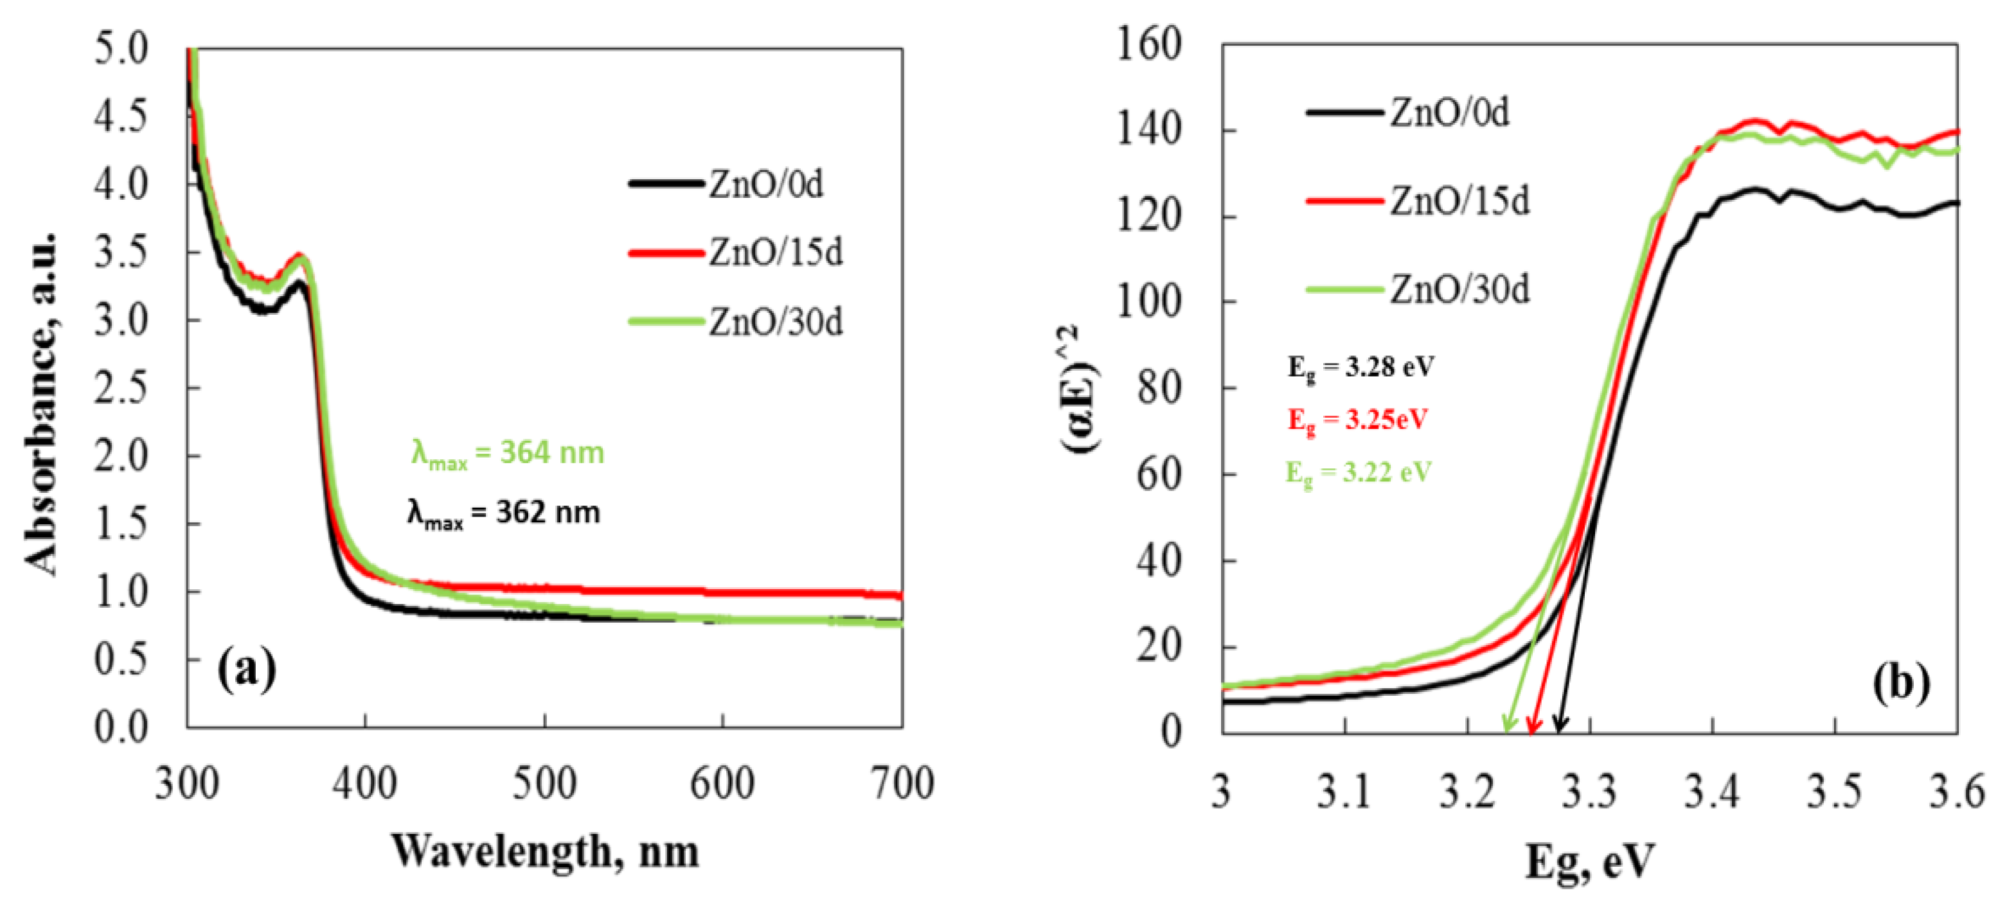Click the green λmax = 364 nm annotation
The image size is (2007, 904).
tap(507, 453)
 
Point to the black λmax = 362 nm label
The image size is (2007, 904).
tap(503, 513)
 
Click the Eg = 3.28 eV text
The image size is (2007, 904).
tap(1360, 367)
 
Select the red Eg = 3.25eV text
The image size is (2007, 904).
tap(1357, 420)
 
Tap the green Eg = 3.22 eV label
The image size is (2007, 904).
tap(1358, 472)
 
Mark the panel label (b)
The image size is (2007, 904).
tap(1902, 683)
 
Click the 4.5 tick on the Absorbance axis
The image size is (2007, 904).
tap(121, 117)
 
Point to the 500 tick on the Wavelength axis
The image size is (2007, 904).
tap(544, 783)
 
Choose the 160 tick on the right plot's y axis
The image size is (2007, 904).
tap(1149, 44)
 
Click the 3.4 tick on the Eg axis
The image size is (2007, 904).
tap(1712, 792)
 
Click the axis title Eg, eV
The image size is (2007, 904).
tap(1589, 861)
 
